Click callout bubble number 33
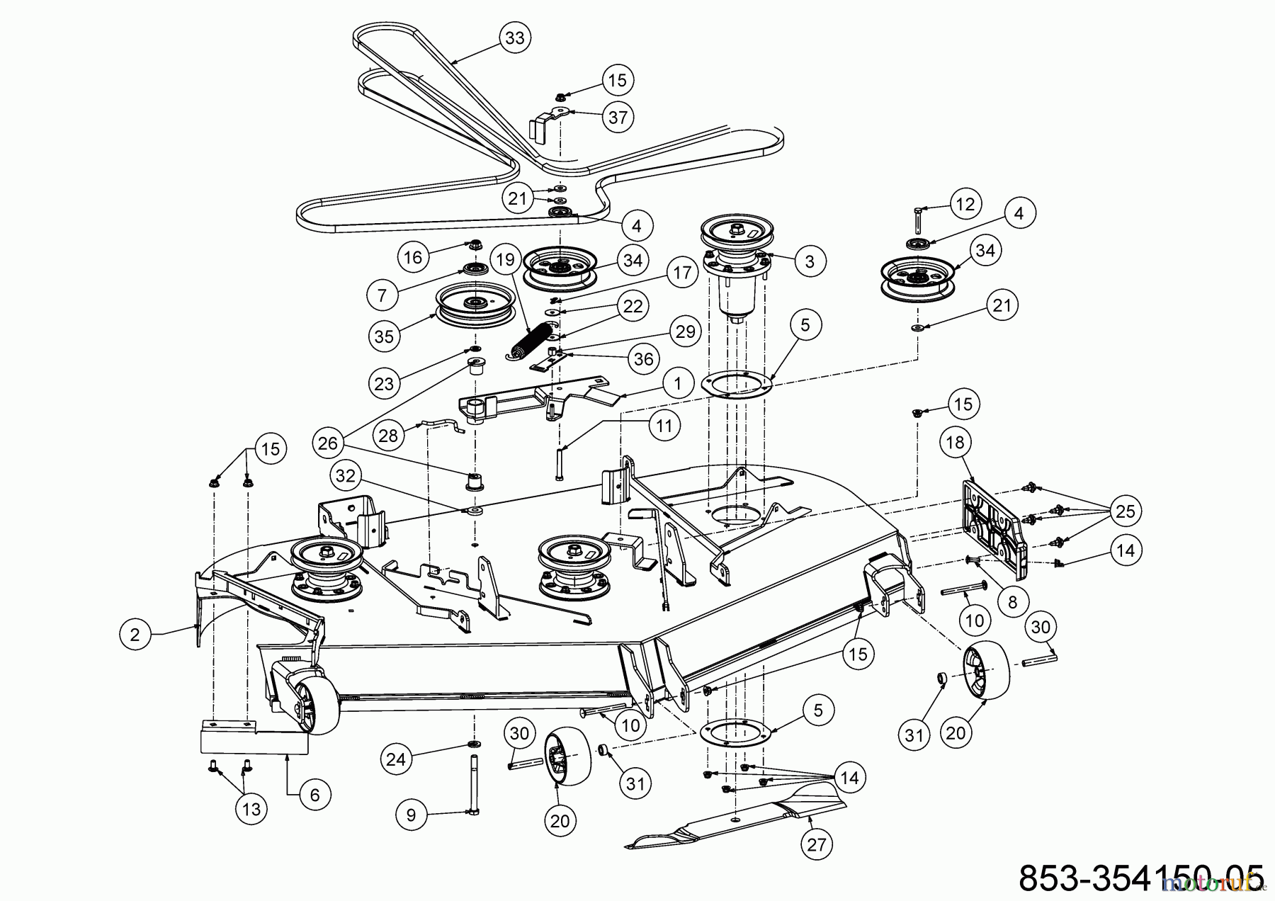(515, 37)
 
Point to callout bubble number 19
(504, 260)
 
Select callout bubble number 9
(412, 815)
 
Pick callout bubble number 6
(314, 795)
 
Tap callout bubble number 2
(135, 635)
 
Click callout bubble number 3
(810, 261)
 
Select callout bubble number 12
(965, 204)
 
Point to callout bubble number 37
(618, 117)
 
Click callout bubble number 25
(1125, 511)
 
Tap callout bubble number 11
(664, 425)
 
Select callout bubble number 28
(388, 435)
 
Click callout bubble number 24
(397, 759)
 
